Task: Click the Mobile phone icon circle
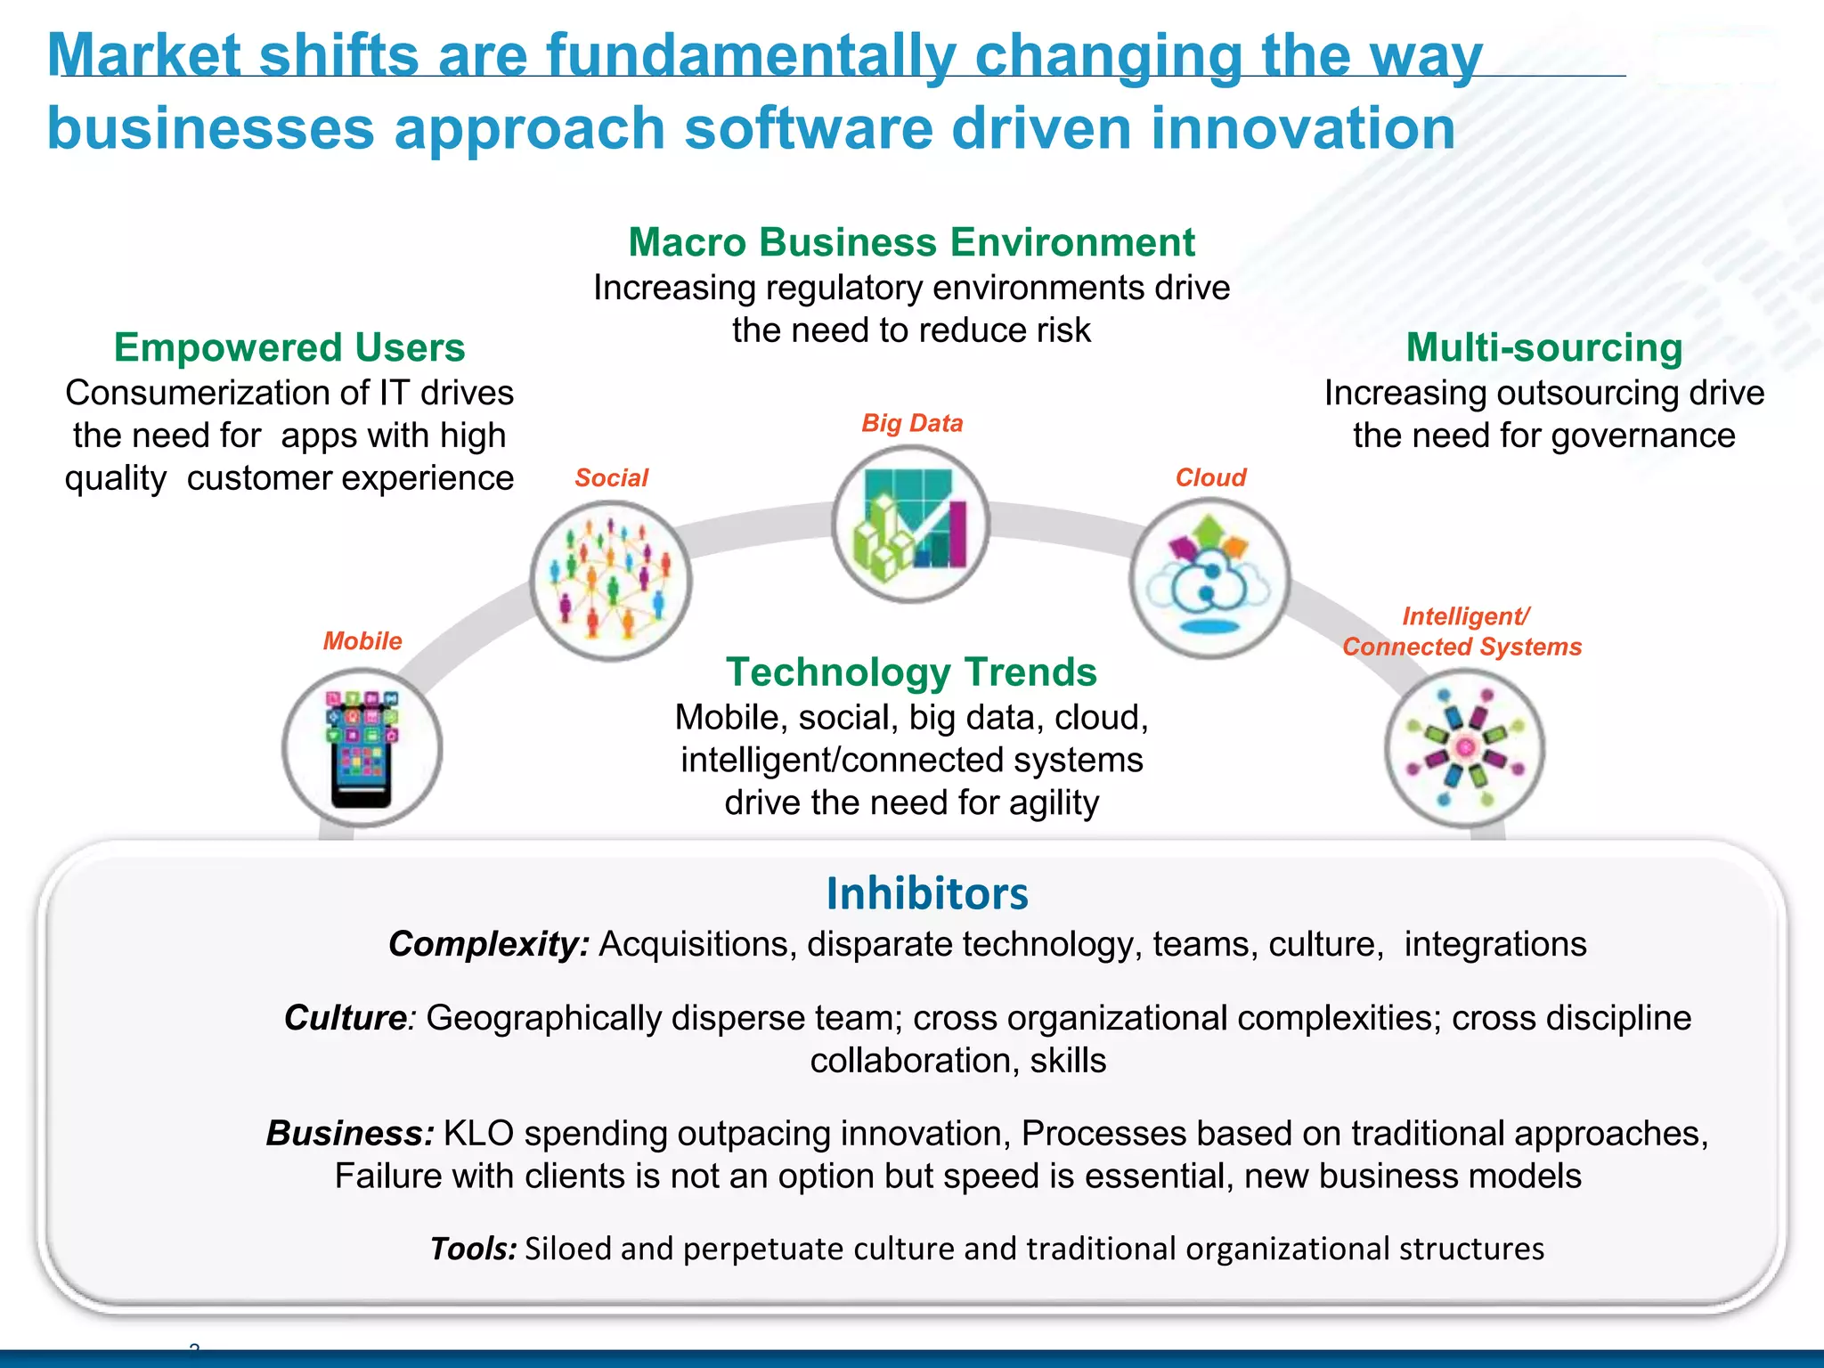(x=362, y=747)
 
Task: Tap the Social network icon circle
(x=610, y=581)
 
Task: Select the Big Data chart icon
(x=910, y=525)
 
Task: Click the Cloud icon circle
(x=1209, y=578)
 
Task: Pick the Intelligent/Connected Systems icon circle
(x=1464, y=747)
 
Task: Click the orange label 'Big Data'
(x=912, y=423)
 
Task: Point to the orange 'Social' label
(x=611, y=478)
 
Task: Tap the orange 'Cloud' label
(x=1210, y=478)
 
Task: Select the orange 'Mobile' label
(x=362, y=641)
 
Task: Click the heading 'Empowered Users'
(x=289, y=347)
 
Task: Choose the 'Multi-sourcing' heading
(x=1544, y=347)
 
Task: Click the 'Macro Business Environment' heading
(x=911, y=242)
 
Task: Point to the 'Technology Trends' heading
(x=911, y=672)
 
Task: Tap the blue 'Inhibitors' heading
(x=927, y=893)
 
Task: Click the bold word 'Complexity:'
(x=489, y=944)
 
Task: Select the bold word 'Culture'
(x=346, y=1018)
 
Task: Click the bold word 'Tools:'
(x=473, y=1249)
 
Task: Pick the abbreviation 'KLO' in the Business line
(x=478, y=1134)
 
